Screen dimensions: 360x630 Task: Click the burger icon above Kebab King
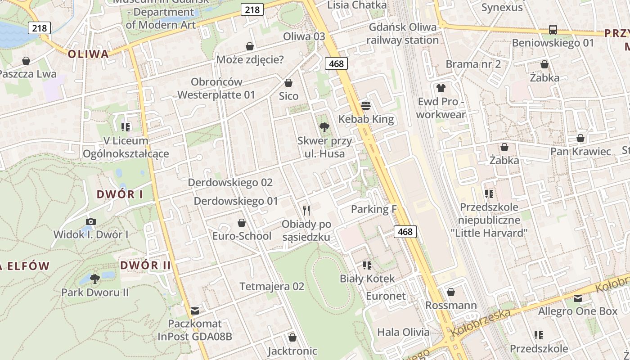pos(366,106)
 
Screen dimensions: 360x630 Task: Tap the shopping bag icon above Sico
pos(288,83)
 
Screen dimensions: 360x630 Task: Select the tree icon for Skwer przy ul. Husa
pos(324,127)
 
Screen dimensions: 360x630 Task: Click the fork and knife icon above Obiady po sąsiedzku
pos(306,210)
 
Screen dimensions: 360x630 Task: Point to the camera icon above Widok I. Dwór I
pos(91,221)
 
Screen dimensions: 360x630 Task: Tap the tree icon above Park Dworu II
pos(95,279)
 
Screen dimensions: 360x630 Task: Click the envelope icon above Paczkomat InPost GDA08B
pos(195,310)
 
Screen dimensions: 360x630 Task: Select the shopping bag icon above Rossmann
pos(451,292)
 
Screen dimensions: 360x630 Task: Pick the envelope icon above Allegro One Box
pos(578,298)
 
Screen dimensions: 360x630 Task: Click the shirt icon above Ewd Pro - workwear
pos(441,88)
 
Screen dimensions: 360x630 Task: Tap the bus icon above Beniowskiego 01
pos(553,30)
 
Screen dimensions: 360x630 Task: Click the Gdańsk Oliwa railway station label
pos(402,34)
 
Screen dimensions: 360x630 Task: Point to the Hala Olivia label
pos(403,333)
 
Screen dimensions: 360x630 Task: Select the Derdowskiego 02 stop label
pos(230,183)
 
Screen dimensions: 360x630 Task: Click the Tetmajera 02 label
pos(272,287)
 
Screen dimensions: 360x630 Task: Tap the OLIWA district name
pos(88,54)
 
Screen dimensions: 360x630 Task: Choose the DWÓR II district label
pos(145,265)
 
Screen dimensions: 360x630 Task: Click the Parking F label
pos(370,209)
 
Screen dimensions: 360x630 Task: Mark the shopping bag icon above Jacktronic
pos(292,337)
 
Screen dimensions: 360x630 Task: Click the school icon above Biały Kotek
pos(367,265)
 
